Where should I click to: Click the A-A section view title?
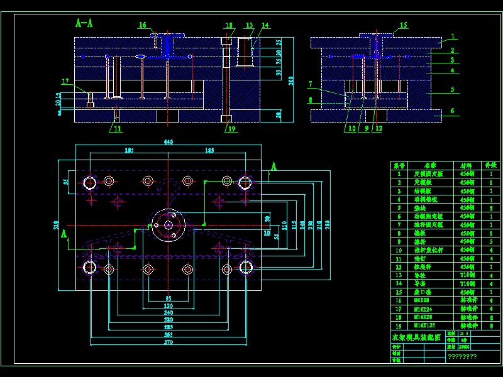pyautogui.click(x=84, y=24)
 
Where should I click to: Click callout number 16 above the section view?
pyautogui.click(x=143, y=25)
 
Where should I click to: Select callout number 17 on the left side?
pyautogui.click(x=65, y=81)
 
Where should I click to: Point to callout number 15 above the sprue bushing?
pyautogui.click(x=403, y=25)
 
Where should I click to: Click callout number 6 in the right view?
pyautogui.click(x=452, y=111)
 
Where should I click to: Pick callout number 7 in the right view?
pyautogui.click(x=310, y=84)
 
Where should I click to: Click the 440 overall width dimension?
pyautogui.click(x=169, y=143)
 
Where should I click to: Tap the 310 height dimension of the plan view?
pyautogui.click(x=56, y=224)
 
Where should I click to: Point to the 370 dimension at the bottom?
pyautogui.click(x=169, y=342)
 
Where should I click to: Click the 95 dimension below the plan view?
pyautogui.click(x=169, y=298)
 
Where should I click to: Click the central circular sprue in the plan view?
pyautogui.click(x=168, y=224)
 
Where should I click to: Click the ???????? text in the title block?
pyautogui.click(x=462, y=356)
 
